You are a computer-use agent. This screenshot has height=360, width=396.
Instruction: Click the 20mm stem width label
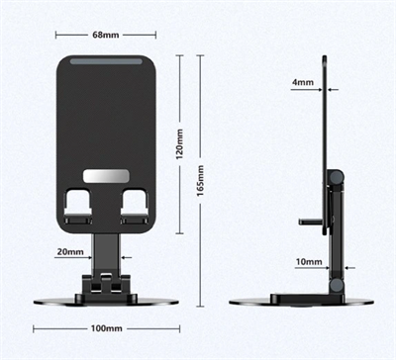[69, 252]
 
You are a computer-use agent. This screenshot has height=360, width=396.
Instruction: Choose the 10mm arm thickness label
[309, 262]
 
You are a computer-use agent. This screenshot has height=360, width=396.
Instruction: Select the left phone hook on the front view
[76, 207]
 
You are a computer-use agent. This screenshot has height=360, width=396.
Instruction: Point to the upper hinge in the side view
[336, 178]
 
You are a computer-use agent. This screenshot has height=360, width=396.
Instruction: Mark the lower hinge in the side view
[337, 286]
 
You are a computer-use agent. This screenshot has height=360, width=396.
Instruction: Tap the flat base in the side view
[300, 301]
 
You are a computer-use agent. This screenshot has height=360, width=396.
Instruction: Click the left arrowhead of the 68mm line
[57, 36]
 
